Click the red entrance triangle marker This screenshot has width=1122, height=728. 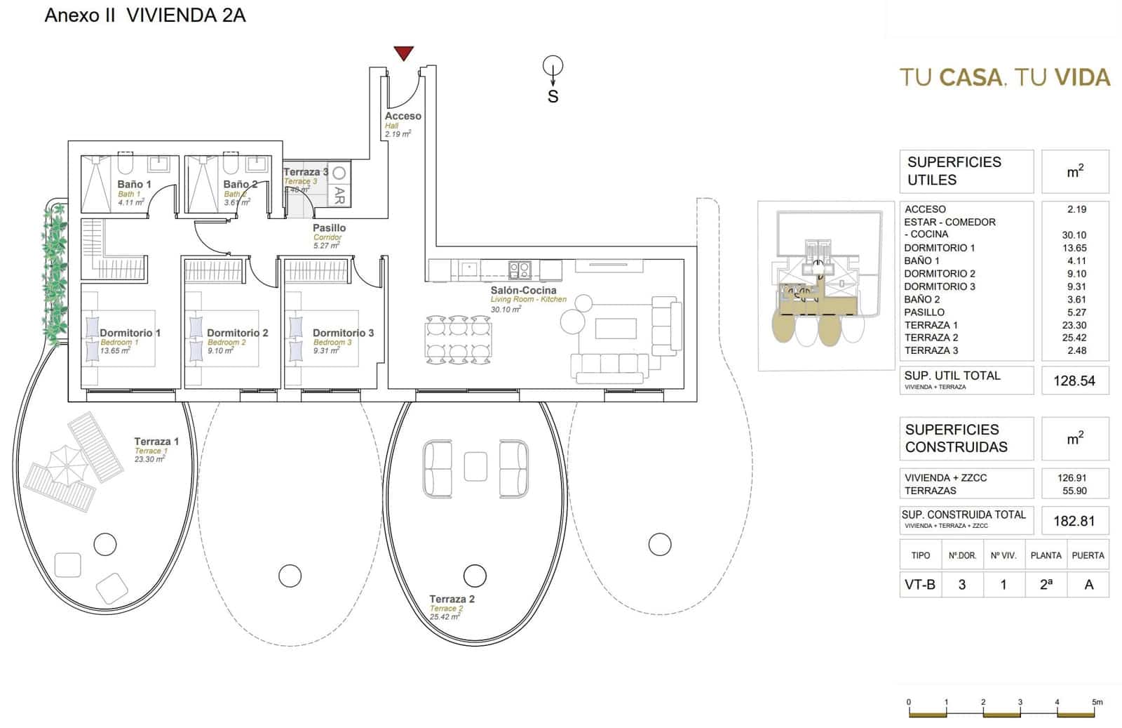(x=403, y=53)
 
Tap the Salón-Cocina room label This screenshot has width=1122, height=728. (x=523, y=290)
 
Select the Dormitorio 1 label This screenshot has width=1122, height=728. (x=130, y=333)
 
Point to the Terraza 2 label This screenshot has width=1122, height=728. (x=452, y=599)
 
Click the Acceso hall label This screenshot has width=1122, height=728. (x=403, y=116)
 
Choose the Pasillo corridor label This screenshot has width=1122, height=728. (x=329, y=227)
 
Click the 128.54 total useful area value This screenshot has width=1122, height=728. (x=1074, y=381)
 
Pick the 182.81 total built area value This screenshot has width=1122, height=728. (x=1074, y=521)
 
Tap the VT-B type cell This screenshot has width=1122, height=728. (x=919, y=584)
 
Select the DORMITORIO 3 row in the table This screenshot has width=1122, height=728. (x=939, y=286)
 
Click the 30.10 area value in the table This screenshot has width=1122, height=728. (x=1074, y=235)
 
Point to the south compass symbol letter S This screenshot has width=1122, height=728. (x=553, y=97)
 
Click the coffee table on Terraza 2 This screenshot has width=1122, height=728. (x=475, y=467)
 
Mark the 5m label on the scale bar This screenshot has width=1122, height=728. (x=1097, y=702)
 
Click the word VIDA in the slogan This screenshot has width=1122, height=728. (x=1083, y=77)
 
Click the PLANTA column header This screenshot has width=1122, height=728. (x=1046, y=555)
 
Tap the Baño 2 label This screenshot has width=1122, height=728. (x=240, y=184)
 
